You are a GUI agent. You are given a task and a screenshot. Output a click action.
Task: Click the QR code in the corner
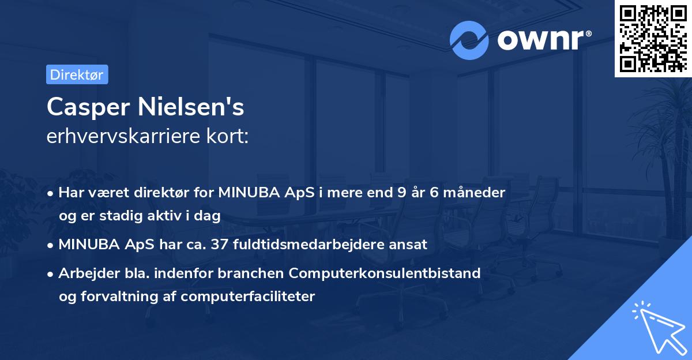click(652, 39)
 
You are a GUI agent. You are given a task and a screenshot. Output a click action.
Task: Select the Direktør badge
click(77, 74)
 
